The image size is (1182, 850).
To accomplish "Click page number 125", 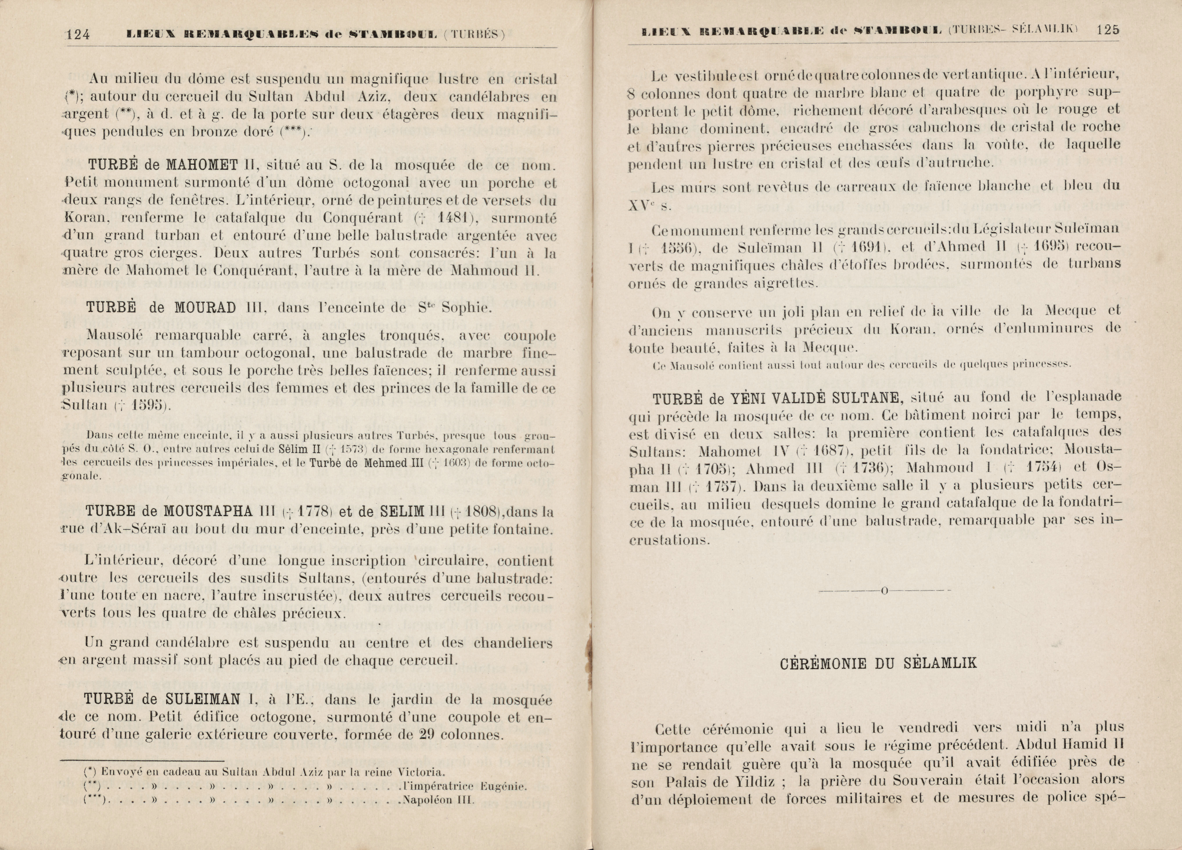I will point(1108,30).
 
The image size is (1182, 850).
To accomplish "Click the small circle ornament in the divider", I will point(884,590).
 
